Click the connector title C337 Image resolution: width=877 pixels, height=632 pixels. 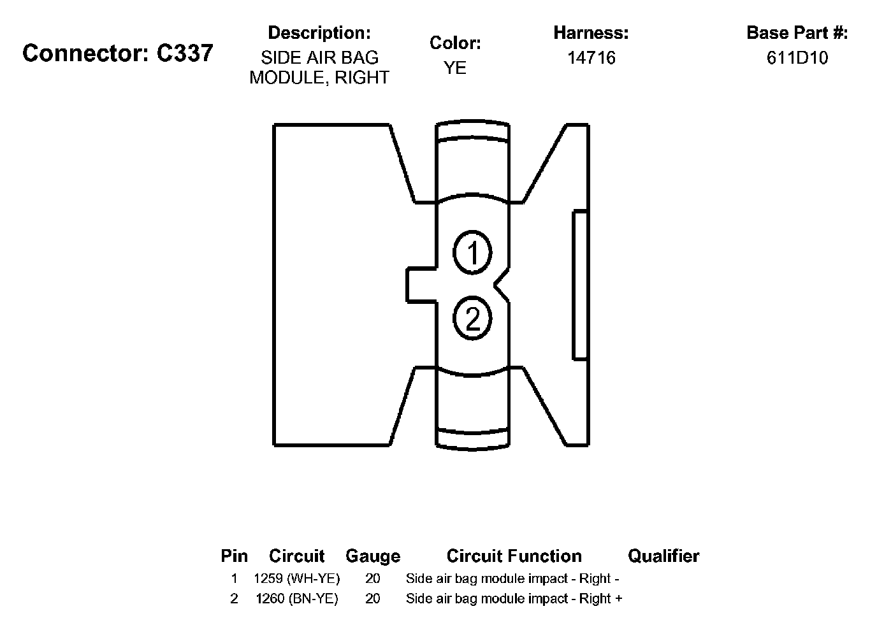(118, 54)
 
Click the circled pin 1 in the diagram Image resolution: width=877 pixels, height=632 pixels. (472, 253)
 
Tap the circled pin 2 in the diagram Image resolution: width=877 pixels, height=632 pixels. (472, 318)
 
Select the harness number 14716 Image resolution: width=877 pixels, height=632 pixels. (591, 58)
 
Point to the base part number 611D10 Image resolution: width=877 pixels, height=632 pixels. (797, 58)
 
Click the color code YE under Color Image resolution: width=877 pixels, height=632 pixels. (455, 68)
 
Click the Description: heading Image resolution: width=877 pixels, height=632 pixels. (319, 32)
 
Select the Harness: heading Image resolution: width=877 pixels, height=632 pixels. (591, 32)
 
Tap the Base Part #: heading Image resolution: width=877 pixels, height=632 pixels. (797, 32)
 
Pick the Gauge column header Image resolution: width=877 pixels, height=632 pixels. (373, 556)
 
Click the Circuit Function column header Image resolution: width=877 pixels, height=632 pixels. (514, 556)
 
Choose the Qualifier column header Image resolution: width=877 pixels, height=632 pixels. (663, 556)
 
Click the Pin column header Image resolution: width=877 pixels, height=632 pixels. (234, 556)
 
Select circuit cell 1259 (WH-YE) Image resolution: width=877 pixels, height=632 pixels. (296, 578)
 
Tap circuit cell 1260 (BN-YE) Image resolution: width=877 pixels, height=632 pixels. (296, 598)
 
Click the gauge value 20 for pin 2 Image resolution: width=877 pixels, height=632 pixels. (373, 598)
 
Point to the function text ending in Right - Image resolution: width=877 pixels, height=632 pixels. (512, 578)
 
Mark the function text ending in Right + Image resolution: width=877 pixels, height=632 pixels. (514, 598)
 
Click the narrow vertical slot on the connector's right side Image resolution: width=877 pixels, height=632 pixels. (580, 285)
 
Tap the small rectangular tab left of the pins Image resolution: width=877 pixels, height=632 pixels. (421, 284)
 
